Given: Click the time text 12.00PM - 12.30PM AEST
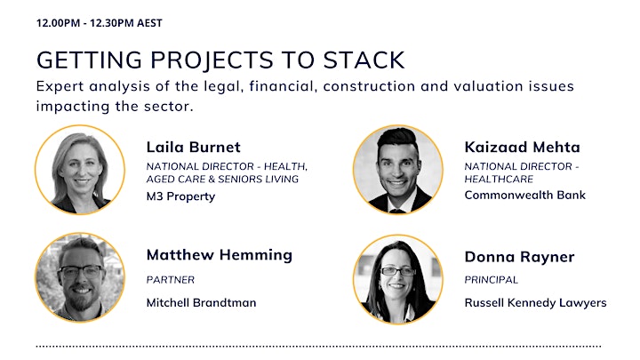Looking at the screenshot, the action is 100,23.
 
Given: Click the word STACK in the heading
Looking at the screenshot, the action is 364,60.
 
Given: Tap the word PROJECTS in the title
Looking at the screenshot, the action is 212,60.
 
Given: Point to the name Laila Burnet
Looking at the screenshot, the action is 194,147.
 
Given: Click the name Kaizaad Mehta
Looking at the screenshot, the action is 522,147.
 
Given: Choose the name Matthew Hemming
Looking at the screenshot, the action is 220,255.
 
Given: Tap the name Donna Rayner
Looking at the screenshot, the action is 519,257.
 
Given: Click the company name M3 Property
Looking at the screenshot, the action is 180,196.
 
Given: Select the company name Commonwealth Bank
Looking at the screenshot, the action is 525,195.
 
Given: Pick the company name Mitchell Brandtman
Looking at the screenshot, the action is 201,302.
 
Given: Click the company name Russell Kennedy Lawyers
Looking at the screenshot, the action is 535,303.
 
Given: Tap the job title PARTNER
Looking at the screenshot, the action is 170,280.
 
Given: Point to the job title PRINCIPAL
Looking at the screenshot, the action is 491,280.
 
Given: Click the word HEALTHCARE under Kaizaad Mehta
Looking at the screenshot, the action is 499,179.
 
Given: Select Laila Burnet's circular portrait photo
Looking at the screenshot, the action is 80,170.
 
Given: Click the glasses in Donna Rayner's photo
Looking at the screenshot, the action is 397,271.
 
